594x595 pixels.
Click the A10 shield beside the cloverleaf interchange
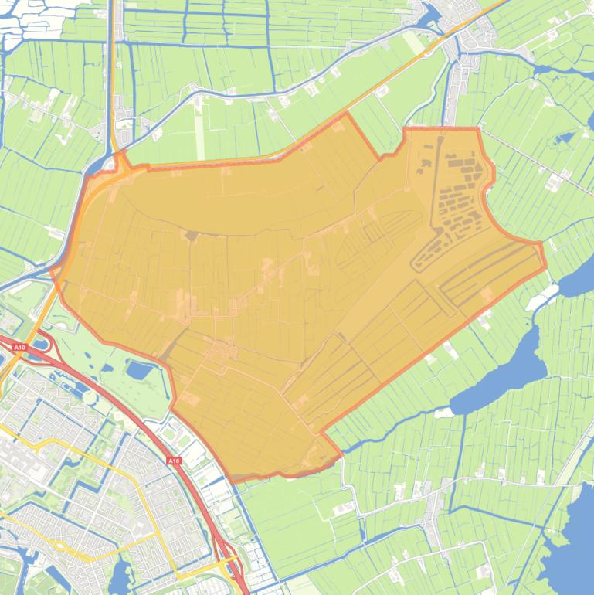point(19,348)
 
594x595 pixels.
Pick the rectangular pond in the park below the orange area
point(140,370)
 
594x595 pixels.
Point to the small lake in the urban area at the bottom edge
point(121,576)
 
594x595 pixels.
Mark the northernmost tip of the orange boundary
point(345,113)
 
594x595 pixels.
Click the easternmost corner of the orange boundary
point(545,268)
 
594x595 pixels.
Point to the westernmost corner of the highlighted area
point(52,270)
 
